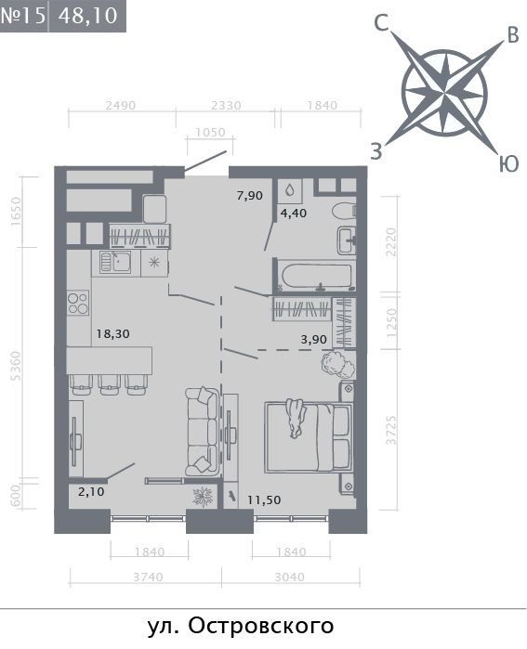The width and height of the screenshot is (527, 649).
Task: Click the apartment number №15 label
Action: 23,15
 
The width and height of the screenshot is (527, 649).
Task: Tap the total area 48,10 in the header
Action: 87,16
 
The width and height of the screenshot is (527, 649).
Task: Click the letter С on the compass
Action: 382,23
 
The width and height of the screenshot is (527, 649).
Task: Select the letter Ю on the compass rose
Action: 508,164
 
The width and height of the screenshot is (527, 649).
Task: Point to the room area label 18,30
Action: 112,333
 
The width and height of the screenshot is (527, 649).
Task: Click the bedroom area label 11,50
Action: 264,500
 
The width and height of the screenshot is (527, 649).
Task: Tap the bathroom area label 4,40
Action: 294,214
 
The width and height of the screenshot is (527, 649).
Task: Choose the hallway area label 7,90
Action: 249,195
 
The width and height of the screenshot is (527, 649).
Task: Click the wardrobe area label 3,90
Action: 313,340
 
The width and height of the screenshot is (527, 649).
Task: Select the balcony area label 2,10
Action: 91,492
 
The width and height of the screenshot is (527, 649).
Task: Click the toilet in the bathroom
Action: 344,211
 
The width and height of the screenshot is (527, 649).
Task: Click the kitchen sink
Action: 115,263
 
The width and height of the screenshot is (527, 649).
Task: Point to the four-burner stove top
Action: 78,303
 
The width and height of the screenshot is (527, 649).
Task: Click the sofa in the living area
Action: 202,432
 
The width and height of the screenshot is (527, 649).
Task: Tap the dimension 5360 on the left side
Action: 15,366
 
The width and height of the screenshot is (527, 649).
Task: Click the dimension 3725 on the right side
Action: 391,431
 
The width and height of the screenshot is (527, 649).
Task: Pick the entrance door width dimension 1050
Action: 210,133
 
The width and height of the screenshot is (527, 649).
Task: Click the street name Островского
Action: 261,627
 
